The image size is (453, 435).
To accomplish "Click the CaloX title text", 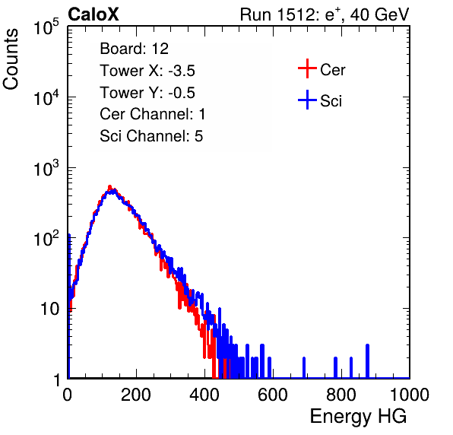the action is click(93, 14).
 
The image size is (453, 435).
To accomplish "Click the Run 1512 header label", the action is click(325, 14).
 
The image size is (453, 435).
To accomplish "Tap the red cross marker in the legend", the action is click(307, 68).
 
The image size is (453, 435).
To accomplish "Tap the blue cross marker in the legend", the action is click(307, 100).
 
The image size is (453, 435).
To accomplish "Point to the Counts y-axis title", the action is click(11, 59).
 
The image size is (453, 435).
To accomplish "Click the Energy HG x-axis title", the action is click(358, 417).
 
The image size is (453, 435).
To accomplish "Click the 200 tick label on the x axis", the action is click(136, 395).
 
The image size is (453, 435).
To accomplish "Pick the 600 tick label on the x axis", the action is click(273, 395).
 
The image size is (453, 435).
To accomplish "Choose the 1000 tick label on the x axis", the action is click(410, 395).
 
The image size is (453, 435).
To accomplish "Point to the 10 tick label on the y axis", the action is click(50, 309).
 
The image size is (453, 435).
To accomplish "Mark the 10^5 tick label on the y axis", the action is click(46, 27).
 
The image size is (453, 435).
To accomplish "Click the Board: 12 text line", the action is click(134, 49).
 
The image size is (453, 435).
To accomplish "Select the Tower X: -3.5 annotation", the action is click(147, 71).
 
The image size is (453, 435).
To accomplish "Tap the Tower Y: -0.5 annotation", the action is click(147, 93).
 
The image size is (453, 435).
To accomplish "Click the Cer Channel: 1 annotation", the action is click(152, 114).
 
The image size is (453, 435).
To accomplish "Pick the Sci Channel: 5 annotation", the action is click(151, 136).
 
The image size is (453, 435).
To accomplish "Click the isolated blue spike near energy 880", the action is click(367, 361).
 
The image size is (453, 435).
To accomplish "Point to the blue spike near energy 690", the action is click(304, 367).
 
